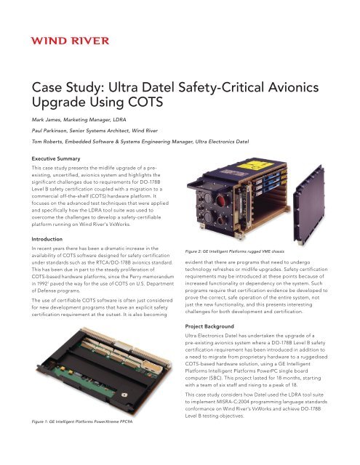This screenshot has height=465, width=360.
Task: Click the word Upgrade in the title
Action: (61, 106)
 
